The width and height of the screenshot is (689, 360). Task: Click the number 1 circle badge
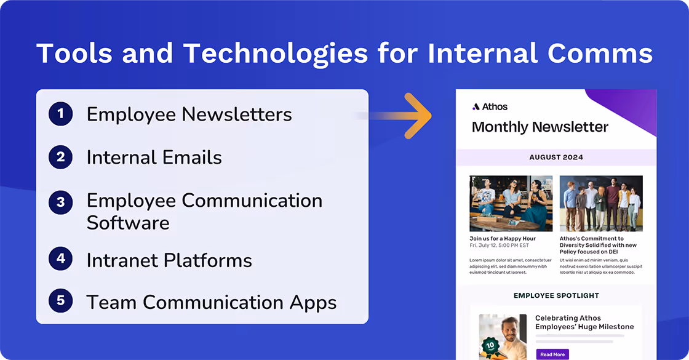pyautogui.click(x=60, y=114)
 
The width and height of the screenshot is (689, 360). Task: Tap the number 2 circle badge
pyautogui.click(x=60, y=157)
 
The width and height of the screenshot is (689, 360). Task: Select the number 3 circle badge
pyautogui.click(x=60, y=202)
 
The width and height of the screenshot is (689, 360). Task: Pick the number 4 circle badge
pyautogui.click(x=60, y=259)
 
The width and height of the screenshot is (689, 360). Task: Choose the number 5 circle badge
pyautogui.click(x=60, y=301)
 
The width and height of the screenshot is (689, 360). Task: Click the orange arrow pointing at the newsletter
pyautogui.click(x=412, y=115)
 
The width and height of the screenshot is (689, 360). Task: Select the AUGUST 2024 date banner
pyautogui.click(x=556, y=157)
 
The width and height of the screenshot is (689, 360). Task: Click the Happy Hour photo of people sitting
pyautogui.click(x=511, y=203)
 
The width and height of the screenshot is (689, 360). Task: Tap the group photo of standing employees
pyautogui.click(x=600, y=203)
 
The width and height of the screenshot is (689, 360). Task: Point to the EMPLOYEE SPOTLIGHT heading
pyautogui.click(x=556, y=295)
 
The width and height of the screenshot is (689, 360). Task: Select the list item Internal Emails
pyautogui.click(x=154, y=158)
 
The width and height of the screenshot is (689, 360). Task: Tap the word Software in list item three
pyautogui.click(x=128, y=222)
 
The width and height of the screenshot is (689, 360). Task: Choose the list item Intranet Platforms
pyautogui.click(x=169, y=260)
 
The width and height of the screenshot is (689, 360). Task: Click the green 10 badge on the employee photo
pyautogui.click(x=490, y=346)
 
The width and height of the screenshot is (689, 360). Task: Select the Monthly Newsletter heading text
pyautogui.click(x=540, y=127)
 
